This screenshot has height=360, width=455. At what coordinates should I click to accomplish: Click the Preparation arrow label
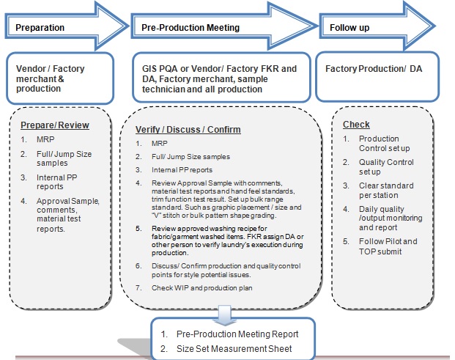point(40,28)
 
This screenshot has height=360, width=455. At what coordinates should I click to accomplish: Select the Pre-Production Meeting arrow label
point(190,28)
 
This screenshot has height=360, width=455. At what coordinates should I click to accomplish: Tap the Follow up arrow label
point(349,28)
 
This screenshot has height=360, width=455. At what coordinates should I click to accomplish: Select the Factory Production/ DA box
point(374,69)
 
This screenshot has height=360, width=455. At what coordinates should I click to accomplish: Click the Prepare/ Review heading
point(55,125)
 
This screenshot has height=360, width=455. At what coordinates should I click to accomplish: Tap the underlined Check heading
point(356,125)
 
